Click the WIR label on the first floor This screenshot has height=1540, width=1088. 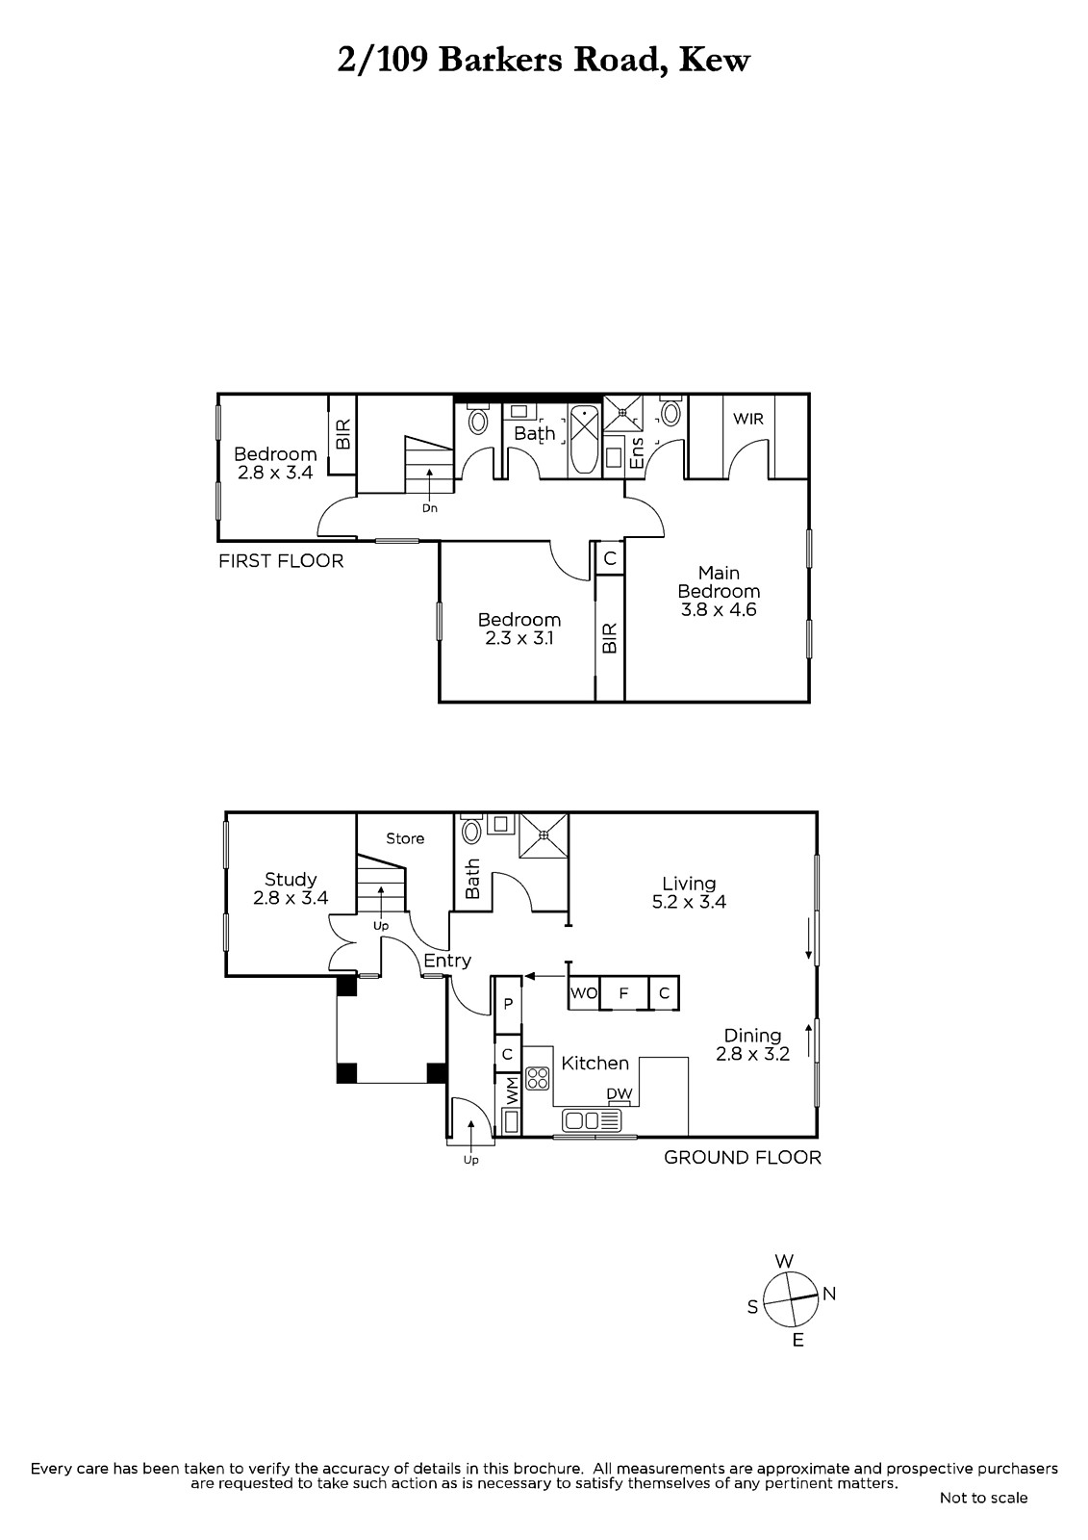coord(747,419)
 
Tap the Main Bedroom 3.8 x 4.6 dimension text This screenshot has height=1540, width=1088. coord(719,610)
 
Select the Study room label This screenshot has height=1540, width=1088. coord(291,880)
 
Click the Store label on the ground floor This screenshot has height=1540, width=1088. coord(405,838)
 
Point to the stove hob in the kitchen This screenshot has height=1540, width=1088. coord(538,1078)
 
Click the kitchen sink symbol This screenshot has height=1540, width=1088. coord(592,1120)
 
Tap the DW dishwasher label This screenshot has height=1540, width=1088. coord(620,1093)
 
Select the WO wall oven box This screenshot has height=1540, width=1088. coord(584,993)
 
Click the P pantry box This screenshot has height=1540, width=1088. coord(508,1005)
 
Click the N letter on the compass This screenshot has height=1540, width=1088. coord(829,1294)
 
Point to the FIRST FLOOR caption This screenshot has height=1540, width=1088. coord(281,561)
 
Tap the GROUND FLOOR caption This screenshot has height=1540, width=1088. coord(743,1158)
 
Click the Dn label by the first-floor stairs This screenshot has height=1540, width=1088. coord(430,509)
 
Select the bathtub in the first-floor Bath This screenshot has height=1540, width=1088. coord(585,439)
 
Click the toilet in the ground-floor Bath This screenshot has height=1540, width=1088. coord(471,830)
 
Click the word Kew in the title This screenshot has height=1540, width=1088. coord(715,60)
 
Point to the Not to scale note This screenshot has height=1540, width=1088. coord(983,1498)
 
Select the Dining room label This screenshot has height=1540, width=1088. coord(752,1036)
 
